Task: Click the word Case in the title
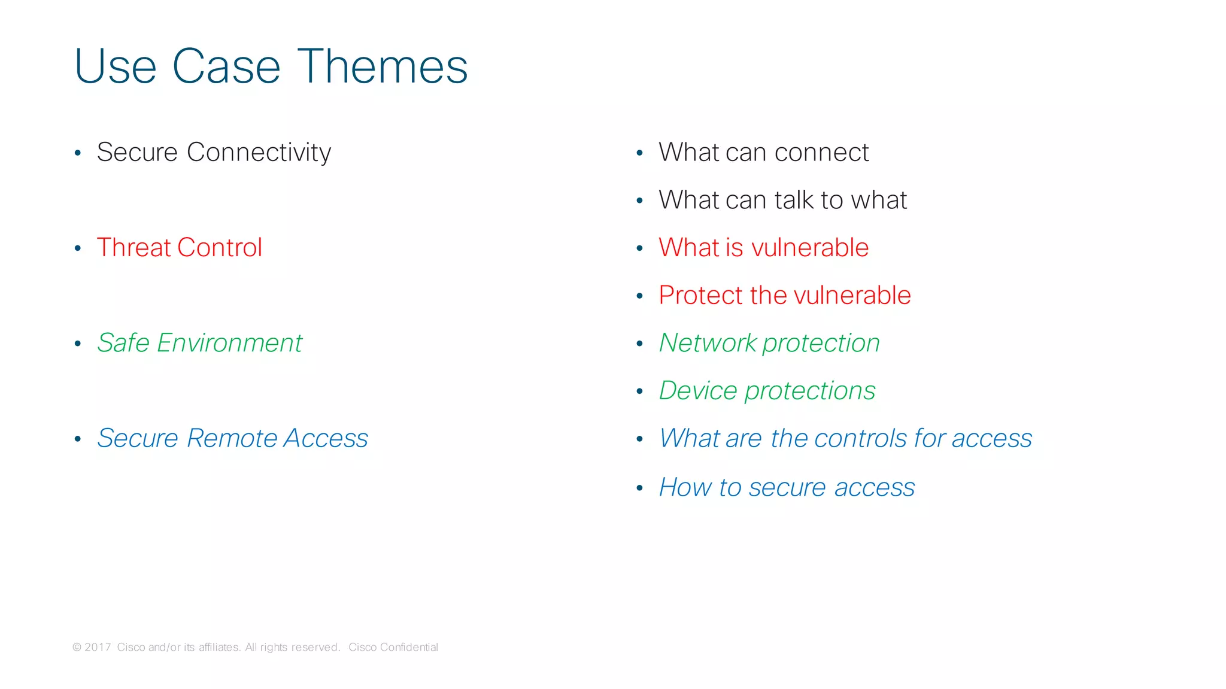coord(226,66)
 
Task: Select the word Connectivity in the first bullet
coord(259,152)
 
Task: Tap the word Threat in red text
coord(134,247)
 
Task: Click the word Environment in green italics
coord(229,343)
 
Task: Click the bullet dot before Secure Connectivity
coord(78,153)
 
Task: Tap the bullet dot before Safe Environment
coord(78,344)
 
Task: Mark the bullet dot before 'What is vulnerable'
coord(639,248)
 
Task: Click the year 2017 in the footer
coord(98,647)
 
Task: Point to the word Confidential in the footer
coord(409,647)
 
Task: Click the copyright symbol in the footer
coord(77,647)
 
